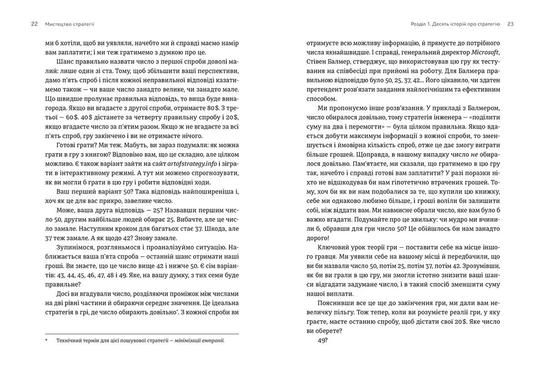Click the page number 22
(34, 24)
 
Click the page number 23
(510, 24)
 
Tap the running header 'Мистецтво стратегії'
(70, 24)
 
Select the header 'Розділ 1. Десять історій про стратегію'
(455, 24)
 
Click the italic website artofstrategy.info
(192, 164)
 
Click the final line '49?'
(322, 340)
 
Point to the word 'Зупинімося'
(75, 247)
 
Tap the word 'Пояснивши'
(334, 303)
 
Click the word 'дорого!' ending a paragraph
(318, 238)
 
